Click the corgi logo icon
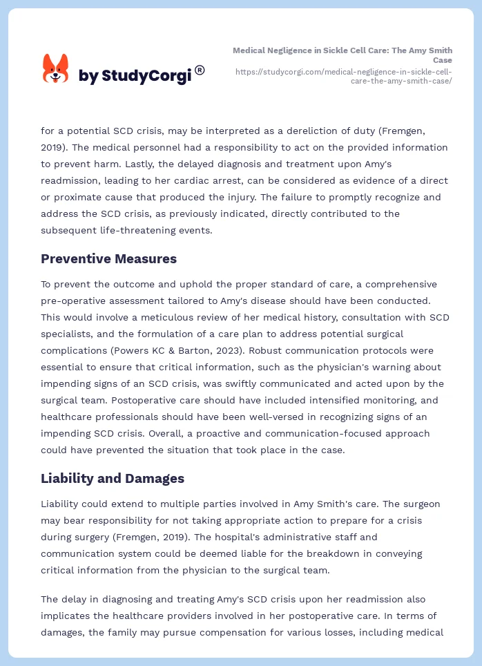(x=55, y=69)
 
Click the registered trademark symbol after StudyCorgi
(x=200, y=70)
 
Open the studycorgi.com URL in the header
(x=344, y=76)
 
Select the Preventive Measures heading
(x=108, y=259)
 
